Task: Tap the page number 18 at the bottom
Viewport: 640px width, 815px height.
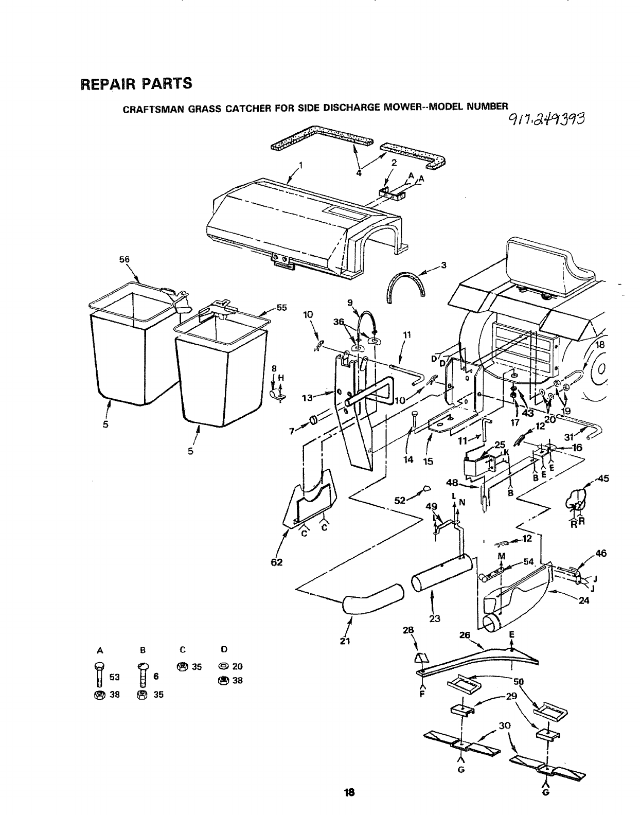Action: (x=350, y=792)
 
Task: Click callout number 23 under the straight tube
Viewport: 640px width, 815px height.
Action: (x=435, y=618)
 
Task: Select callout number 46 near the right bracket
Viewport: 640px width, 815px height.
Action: (x=600, y=553)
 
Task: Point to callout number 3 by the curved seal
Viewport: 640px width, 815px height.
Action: (x=443, y=265)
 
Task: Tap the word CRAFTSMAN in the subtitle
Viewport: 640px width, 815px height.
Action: (x=146, y=109)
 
